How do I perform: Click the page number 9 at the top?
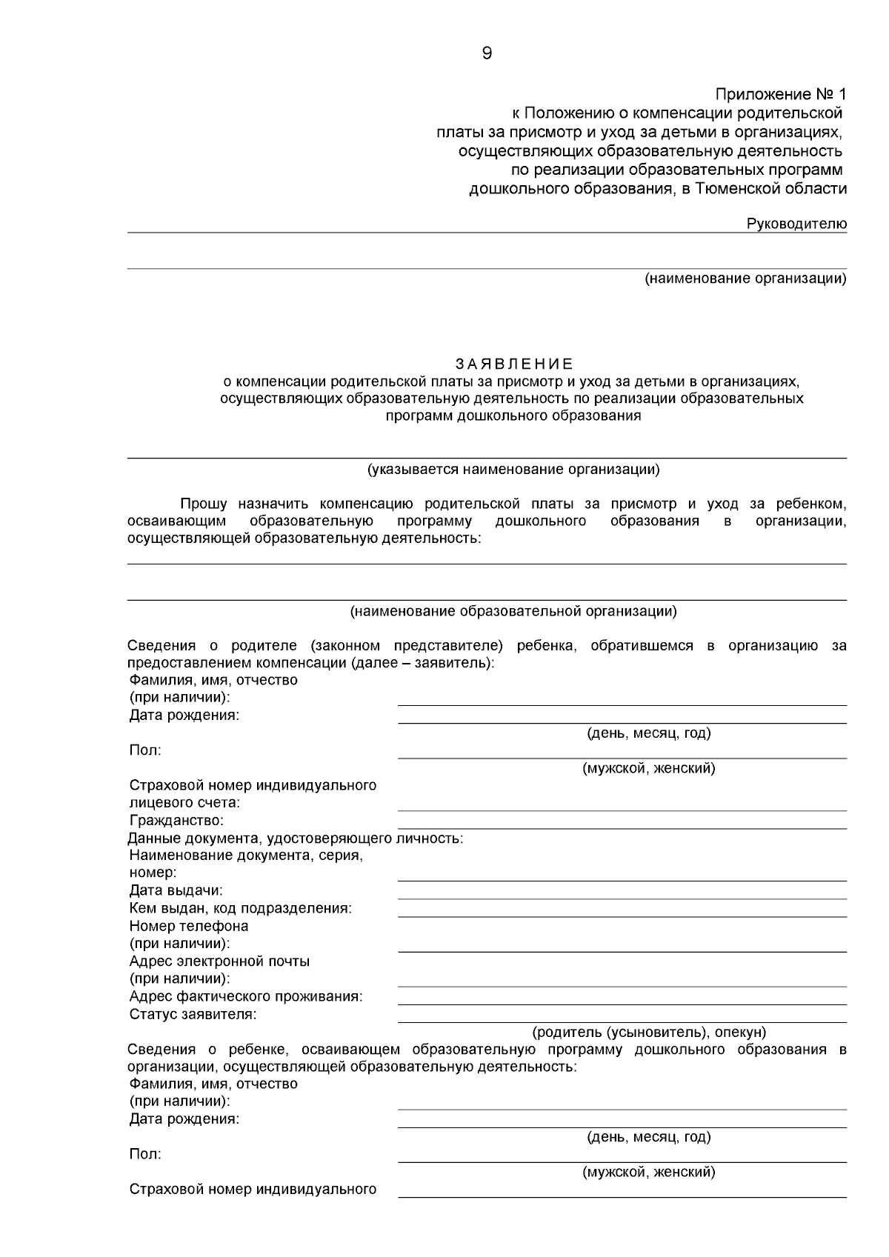click(x=487, y=53)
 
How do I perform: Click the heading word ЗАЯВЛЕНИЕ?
click(x=513, y=364)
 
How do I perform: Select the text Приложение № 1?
click(x=780, y=95)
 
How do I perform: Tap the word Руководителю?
click(x=796, y=224)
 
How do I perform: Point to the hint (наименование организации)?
click(x=745, y=279)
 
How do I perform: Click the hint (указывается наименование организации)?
click(x=513, y=470)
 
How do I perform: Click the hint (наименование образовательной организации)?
click(x=513, y=612)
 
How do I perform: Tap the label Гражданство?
click(x=176, y=821)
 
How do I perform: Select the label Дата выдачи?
click(x=176, y=890)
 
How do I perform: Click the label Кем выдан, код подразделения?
click(x=240, y=908)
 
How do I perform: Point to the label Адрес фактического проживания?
click(x=246, y=996)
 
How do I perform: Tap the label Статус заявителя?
click(x=193, y=1014)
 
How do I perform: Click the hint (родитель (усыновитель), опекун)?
click(x=649, y=1032)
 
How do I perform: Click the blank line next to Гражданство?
click(x=622, y=827)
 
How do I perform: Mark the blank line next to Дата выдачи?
click(x=622, y=897)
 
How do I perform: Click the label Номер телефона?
click(x=189, y=926)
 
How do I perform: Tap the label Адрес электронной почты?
click(x=219, y=961)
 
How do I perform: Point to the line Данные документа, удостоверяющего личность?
click(x=295, y=838)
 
